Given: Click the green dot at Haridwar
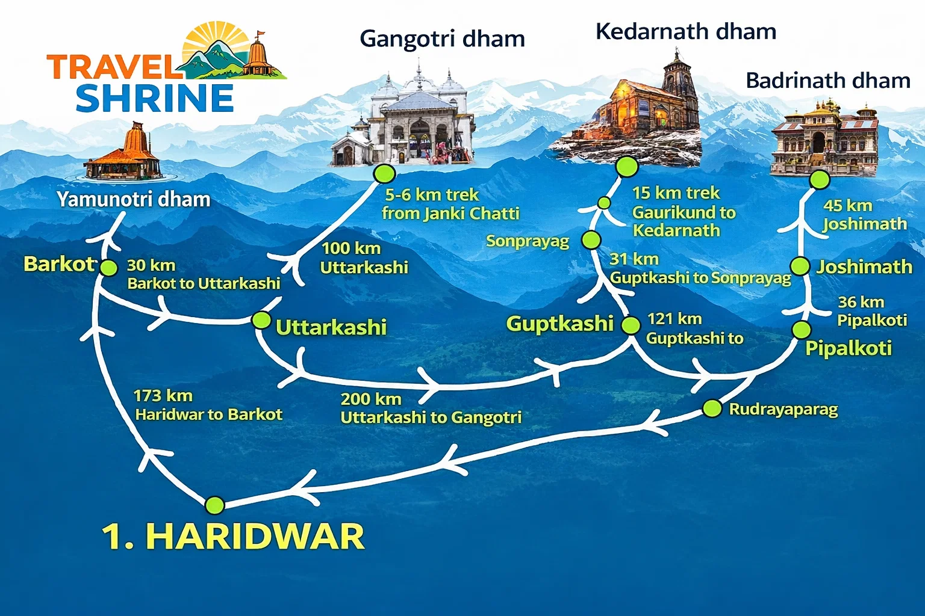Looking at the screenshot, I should [214, 505].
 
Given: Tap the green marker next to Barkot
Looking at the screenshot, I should [108, 267].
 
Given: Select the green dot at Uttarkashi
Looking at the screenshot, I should [261, 320].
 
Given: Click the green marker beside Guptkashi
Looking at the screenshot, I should [631, 325].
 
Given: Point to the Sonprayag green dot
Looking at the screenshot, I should [591, 240].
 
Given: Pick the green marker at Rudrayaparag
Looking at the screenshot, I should [712, 408].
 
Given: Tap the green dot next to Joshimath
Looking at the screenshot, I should [800, 266].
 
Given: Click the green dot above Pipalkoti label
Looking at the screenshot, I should [801, 330].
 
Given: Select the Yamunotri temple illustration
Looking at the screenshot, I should [124, 155].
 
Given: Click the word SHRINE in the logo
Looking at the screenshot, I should [155, 99].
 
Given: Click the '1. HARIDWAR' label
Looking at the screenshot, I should [233, 536].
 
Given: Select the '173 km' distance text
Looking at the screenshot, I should [163, 396].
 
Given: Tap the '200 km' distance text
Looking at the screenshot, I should [371, 399].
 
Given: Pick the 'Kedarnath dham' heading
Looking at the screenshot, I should [685, 31].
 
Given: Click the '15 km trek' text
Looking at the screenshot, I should [676, 193].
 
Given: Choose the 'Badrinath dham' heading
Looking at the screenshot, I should [827, 81].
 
